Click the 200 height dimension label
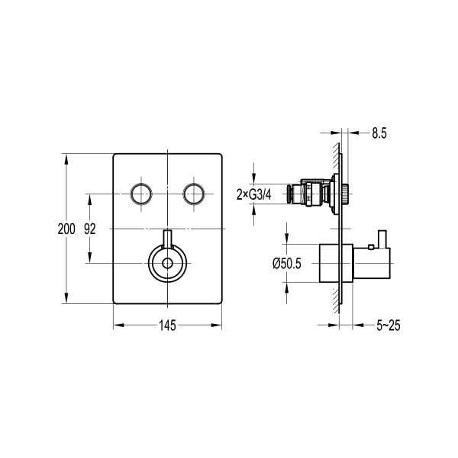pyautogui.click(x=66, y=229)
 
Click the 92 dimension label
pyautogui.click(x=90, y=229)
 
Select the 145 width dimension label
pyautogui.click(x=167, y=325)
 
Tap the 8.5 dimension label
pyautogui.click(x=379, y=133)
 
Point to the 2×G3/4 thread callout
pyautogui.click(x=254, y=194)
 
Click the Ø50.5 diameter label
pyautogui.click(x=286, y=264)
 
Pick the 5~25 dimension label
pyautogui.click(x=389, y=325)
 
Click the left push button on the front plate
pyautogui.click(x=141, y=194)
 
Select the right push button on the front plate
pyautogui.click(x=194, y=194)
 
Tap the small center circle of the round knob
pyautogui.click(x=167, y=264)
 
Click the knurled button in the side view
pyautogui.click(x=345, y=194)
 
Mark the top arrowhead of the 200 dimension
pyautogui.click(x=66, y=159)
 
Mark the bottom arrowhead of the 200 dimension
pyautogui.click(x=66, y=298)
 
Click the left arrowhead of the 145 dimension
pyautogui.click(x=119, y=325)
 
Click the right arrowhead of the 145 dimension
pyautogui.click(x=216, y=325)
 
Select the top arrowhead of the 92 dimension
pyautogui.click(x=90, y=200)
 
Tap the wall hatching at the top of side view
pyautogui.click(x=336, y=156)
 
